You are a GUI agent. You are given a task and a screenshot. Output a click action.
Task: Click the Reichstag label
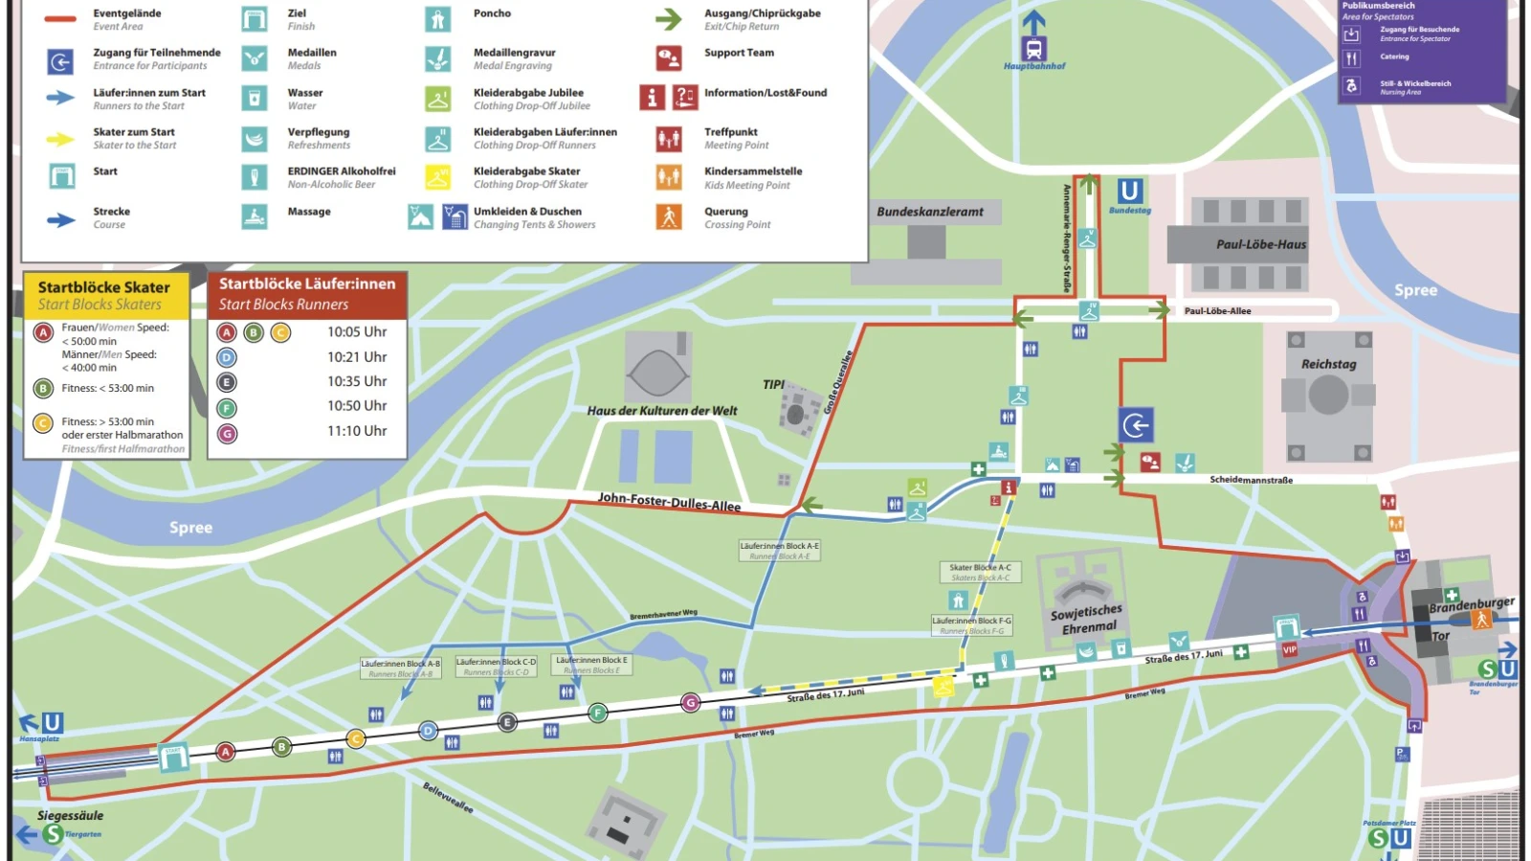coord(1328,365)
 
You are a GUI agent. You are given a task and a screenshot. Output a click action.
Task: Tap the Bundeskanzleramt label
coord(930,212)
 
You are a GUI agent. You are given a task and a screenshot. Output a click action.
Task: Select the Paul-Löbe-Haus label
coord(1260,245)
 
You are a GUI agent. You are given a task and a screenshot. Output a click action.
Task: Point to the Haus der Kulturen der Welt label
coord(662,411)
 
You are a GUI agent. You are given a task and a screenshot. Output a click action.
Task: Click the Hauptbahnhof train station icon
coord(1033,48)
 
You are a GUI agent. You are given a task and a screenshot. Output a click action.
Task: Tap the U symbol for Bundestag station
coord(1130,191)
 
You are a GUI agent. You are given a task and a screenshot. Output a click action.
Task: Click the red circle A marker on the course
coord(226,752)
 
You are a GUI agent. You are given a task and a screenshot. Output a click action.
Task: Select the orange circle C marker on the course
coord(356,738)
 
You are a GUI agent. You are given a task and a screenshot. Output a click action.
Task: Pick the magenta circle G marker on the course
coord(690,703)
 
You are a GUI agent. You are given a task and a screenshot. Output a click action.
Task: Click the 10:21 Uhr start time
coord(357,357)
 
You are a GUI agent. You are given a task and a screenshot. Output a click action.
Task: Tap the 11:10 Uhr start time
coord(357,431)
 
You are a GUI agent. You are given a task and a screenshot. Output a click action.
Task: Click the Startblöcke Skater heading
coord(104,287)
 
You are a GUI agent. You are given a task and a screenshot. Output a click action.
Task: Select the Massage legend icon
coord(255,216)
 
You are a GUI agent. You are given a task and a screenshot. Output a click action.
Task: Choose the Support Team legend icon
coord(669,58)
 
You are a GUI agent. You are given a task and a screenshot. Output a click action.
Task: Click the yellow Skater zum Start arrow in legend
coord(60,140)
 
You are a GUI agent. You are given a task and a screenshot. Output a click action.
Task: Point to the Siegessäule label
coord(70,816)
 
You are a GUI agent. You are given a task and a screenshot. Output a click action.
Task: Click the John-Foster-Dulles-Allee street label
coord(669,503)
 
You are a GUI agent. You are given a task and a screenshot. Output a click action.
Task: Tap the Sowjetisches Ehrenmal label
coord(1086,619)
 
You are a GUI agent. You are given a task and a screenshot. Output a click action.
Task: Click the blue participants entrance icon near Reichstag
coord(1136,425)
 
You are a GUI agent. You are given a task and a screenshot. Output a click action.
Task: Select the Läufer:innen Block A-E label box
coord(780,551)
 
